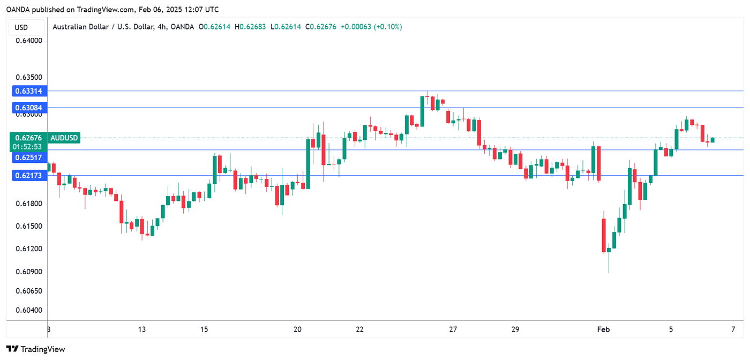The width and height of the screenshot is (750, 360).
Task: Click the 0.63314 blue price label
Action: (29, 92)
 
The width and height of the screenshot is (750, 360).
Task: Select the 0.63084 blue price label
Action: (29, 108)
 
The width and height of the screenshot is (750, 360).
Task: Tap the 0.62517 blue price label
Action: (29, 157)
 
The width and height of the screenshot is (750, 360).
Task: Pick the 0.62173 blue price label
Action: (29, 175)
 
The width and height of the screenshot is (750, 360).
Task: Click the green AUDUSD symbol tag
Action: (64, 138)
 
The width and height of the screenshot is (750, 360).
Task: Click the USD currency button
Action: (21, 27)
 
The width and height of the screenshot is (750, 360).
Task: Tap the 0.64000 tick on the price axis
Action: (29, 40)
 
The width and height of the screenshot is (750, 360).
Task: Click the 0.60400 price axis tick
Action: (29, 310)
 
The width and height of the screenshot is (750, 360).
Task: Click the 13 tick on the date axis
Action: (141, 329)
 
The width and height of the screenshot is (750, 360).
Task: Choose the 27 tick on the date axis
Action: (453, 329)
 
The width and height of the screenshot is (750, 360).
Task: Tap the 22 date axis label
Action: (360, 329)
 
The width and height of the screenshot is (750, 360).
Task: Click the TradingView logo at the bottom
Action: (36, 349)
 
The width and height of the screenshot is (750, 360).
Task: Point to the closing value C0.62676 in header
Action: (321, 27)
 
